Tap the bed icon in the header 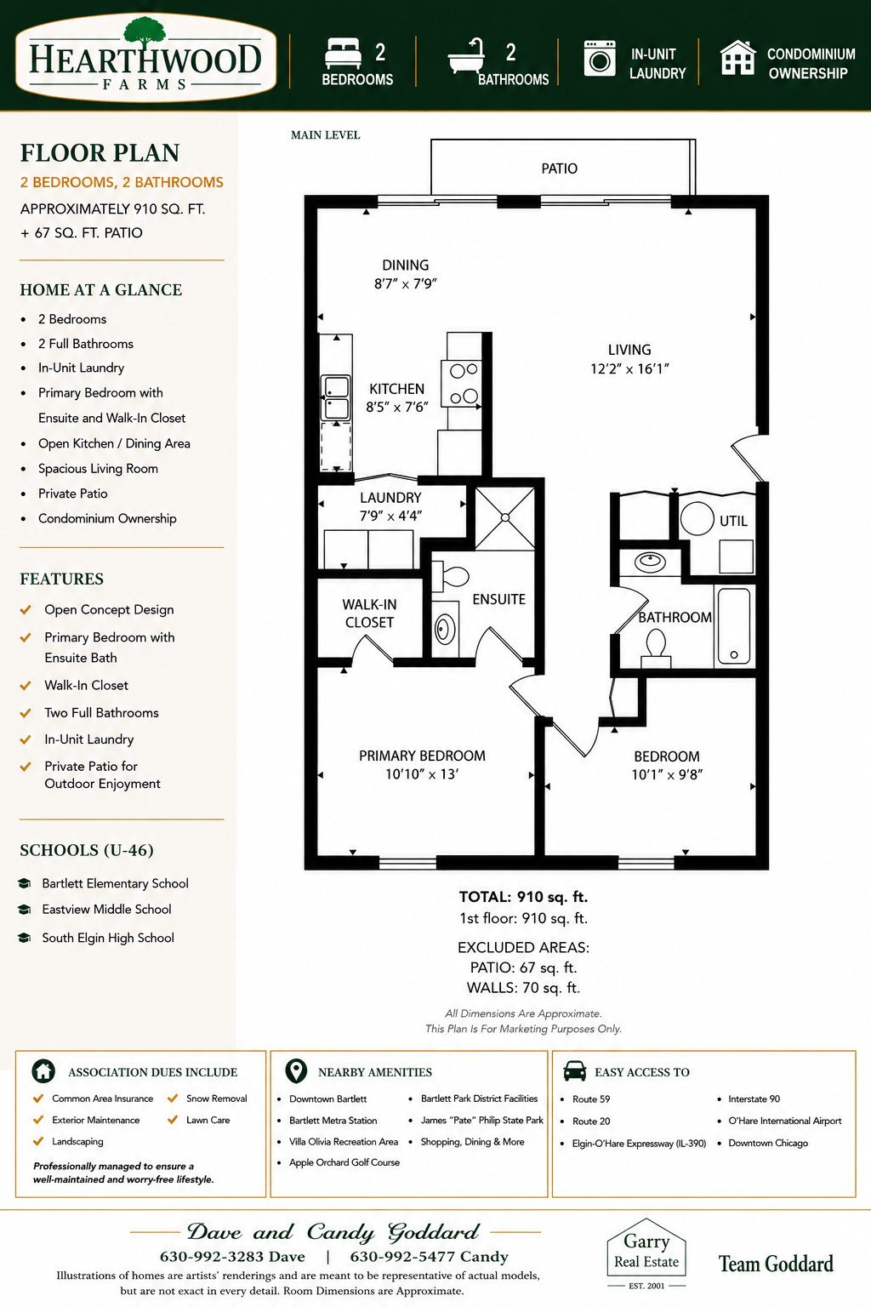coord(343,54)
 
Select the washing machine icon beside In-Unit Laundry coord(599,59)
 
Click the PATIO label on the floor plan coord(559,168)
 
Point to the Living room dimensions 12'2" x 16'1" coord(629,368)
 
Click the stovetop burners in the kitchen coord(464,384)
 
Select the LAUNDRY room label coord(390,498)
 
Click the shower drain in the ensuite coord(505,517)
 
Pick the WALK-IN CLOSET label coord(369,614)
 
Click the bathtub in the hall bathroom coord(733,626)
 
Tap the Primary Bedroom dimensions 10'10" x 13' coord(421,774)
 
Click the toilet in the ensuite coord(452,576)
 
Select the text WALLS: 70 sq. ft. coord(523,988)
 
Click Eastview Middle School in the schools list coord(107,909)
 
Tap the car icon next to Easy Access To coord(575,1071)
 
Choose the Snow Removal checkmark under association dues coord(172,1099)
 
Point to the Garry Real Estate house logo coord(646,1251)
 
